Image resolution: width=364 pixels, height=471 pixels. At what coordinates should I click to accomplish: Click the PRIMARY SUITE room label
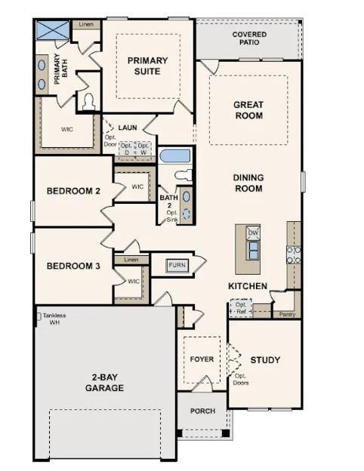(147, 66)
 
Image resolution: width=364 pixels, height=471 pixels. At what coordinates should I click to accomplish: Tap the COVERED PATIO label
(249, 38)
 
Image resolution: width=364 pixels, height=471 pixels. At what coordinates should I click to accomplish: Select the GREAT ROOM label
(248, 110)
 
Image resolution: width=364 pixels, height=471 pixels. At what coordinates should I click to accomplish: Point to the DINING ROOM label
(248, 183)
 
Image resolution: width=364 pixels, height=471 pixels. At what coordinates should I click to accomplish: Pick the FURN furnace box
(177, 265)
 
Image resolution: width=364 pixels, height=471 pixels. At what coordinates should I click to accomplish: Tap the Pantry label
(286, 313)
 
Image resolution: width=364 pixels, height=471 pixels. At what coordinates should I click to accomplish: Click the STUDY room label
(265, 360)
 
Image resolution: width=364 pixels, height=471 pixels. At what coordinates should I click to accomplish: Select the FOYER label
(202, 359)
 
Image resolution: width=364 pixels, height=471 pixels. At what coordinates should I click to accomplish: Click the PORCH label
(202, 411)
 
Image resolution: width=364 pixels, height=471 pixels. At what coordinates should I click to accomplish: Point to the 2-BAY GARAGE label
(104, 383)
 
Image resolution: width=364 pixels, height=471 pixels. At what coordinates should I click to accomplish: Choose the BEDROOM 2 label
(73, 192)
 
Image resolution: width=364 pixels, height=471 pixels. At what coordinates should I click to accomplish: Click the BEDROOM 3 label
(73, 266)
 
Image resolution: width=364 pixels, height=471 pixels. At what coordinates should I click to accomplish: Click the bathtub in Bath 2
(175, 156)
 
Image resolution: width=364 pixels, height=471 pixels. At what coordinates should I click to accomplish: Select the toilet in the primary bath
(88, 101)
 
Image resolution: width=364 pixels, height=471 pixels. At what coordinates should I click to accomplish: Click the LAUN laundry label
(127, 128)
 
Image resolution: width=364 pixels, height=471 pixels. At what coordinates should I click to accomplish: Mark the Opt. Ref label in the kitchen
(240, 308)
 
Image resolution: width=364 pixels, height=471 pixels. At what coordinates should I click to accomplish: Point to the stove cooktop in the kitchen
(293, 254)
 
